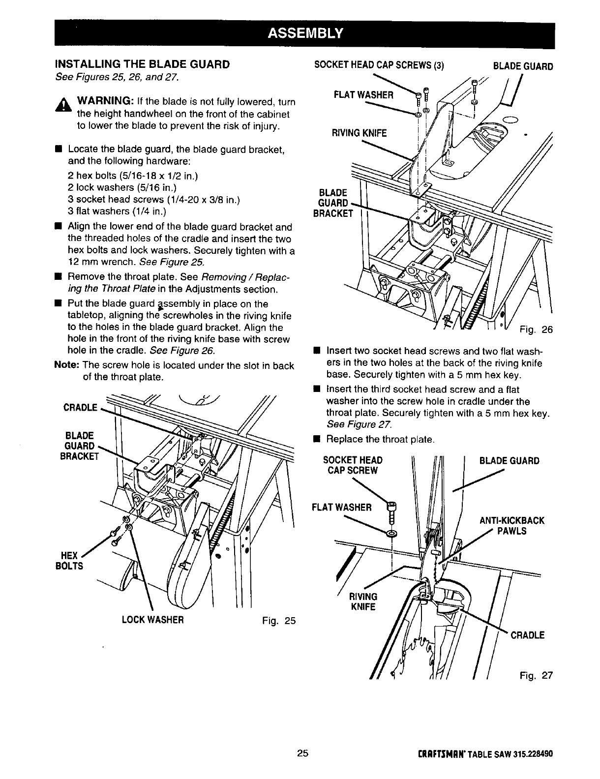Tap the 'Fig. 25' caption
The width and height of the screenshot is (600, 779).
pos(278,620)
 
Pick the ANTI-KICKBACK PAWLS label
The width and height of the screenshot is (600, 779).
pos(511,526)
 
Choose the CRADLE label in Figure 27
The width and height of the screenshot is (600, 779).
pos(528,635)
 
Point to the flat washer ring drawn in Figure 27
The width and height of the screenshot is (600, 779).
pos(392,534)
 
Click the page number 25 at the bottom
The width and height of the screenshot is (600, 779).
pos(302,753)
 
